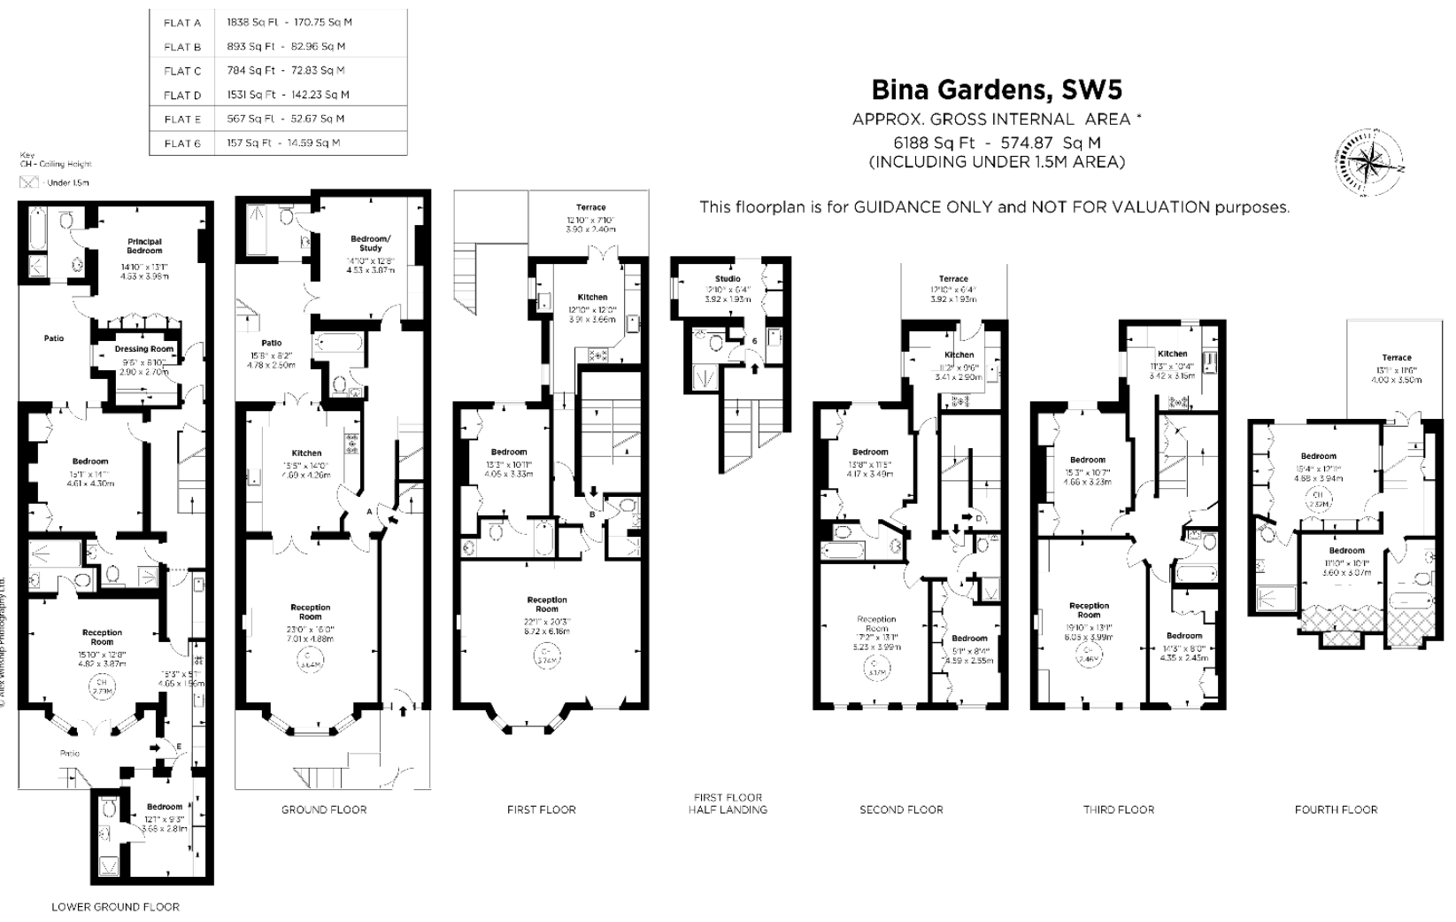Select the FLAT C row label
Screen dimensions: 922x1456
coord(182,71)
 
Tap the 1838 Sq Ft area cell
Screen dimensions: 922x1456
coord(252,22)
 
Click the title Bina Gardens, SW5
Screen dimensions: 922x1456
coord(997,90)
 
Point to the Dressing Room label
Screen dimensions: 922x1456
coord(143,349)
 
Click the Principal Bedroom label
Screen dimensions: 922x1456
coord(144,245)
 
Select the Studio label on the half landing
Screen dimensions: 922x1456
coord(728,279)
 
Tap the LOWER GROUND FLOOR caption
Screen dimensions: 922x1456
coord(115,906)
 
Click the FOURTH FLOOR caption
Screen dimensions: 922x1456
coord(1336,809)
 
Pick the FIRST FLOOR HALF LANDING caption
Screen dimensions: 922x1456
coord(728,802)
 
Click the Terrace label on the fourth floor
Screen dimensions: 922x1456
coord(1397,358)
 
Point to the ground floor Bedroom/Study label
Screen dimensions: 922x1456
coord(370,243)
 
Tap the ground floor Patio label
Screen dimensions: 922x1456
coord(271,343)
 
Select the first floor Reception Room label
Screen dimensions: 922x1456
coord(546,604)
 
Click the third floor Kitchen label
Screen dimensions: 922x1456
coord(1172,353)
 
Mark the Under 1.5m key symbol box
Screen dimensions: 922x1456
coord(30,182)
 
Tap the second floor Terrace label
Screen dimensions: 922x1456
coord(953,278)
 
